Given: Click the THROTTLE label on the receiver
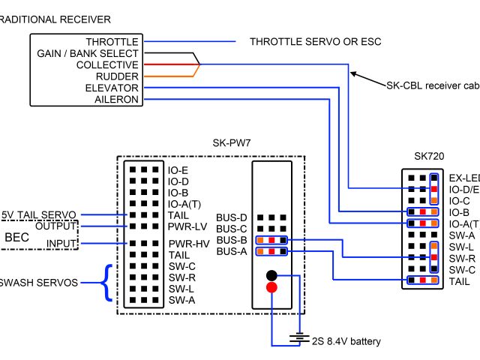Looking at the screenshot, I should pos(112,42).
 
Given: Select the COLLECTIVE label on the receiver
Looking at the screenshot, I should pos(107,65).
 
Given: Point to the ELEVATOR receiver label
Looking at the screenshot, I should pos(112,88).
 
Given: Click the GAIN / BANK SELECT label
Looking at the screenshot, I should pos(88,54).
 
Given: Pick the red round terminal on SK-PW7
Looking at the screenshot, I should pos(271,287).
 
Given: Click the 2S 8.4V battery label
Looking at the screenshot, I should pos(346,342).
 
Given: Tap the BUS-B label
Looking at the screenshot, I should pos(232,240).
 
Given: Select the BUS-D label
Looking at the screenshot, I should pos(232,217).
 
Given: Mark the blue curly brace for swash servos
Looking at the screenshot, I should pos(109,283).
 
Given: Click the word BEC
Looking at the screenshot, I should pos(17,238).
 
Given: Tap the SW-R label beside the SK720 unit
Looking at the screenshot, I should pos(461,258).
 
